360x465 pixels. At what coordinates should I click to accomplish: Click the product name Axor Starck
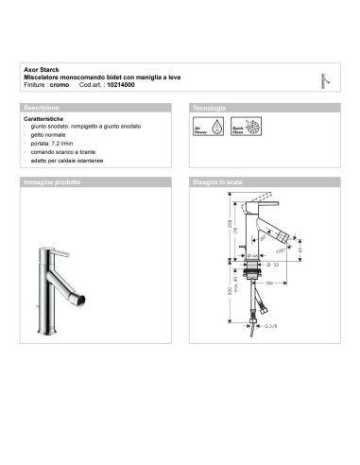(x=40, y=69)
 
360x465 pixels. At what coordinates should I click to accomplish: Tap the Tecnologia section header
(x=209, y=109)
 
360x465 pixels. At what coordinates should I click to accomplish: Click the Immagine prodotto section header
(x=55, y=180)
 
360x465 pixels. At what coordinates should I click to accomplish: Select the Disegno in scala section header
(x=219, y=180)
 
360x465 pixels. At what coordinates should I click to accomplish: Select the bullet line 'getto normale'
(x=52, y=136)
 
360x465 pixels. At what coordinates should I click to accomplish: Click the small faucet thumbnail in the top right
(x=324, y=78)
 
